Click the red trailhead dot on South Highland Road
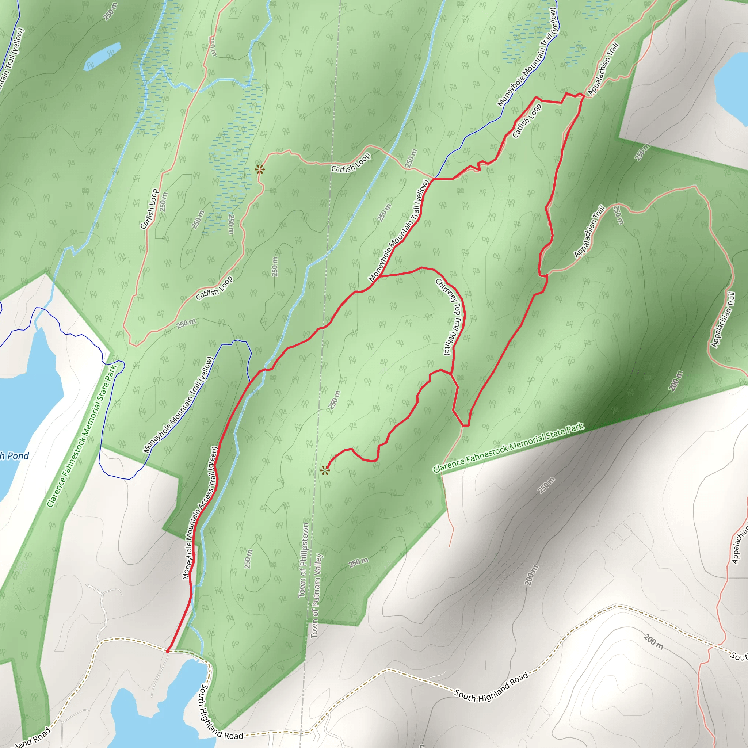[167, 651]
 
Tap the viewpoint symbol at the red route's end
[325, 470]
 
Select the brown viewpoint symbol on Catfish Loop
[259, 169]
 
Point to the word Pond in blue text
[18, 456]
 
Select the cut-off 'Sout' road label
[739, 657]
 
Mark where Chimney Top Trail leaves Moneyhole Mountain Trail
[380, 276]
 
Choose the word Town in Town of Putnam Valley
[314, 629]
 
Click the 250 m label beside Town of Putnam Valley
[335, 400]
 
